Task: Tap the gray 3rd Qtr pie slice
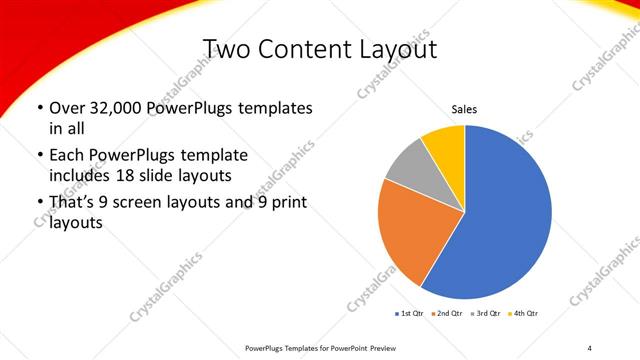point(407,167)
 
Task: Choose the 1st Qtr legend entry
point(410,314)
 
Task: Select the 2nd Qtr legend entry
point(448,314)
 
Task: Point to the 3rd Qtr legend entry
point(487,314)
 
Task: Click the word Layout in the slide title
point(400,48)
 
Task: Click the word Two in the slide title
point(227,48)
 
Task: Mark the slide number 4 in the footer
point(590,347)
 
